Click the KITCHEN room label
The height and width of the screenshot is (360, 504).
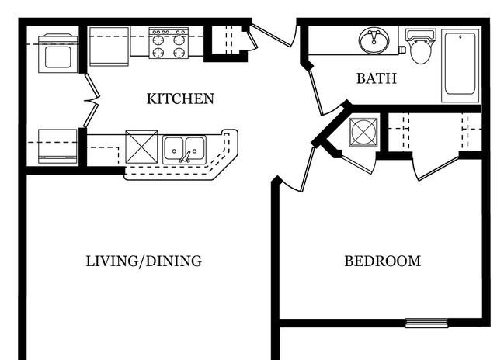(180, 99)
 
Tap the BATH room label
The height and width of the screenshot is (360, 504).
(377, 78)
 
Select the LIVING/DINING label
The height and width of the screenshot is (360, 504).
(144, 261)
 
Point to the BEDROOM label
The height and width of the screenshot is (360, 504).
(383, 261)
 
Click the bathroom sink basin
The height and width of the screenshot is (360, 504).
(374, 41)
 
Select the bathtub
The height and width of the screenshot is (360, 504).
(461, 65)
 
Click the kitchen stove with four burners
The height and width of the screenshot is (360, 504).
(169, 43)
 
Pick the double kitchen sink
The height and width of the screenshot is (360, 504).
(184, 150)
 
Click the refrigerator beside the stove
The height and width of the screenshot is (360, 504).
(109, 47)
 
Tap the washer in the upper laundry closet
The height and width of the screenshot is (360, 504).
(58, 53)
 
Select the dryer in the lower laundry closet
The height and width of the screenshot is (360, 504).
(58, 146)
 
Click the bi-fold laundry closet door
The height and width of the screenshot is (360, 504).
(92, 101)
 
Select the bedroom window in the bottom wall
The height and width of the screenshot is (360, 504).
(426, 323)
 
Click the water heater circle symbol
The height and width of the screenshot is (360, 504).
(363, 133)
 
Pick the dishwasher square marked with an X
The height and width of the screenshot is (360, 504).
(141, 147)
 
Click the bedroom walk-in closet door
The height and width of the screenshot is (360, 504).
(437, 168)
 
